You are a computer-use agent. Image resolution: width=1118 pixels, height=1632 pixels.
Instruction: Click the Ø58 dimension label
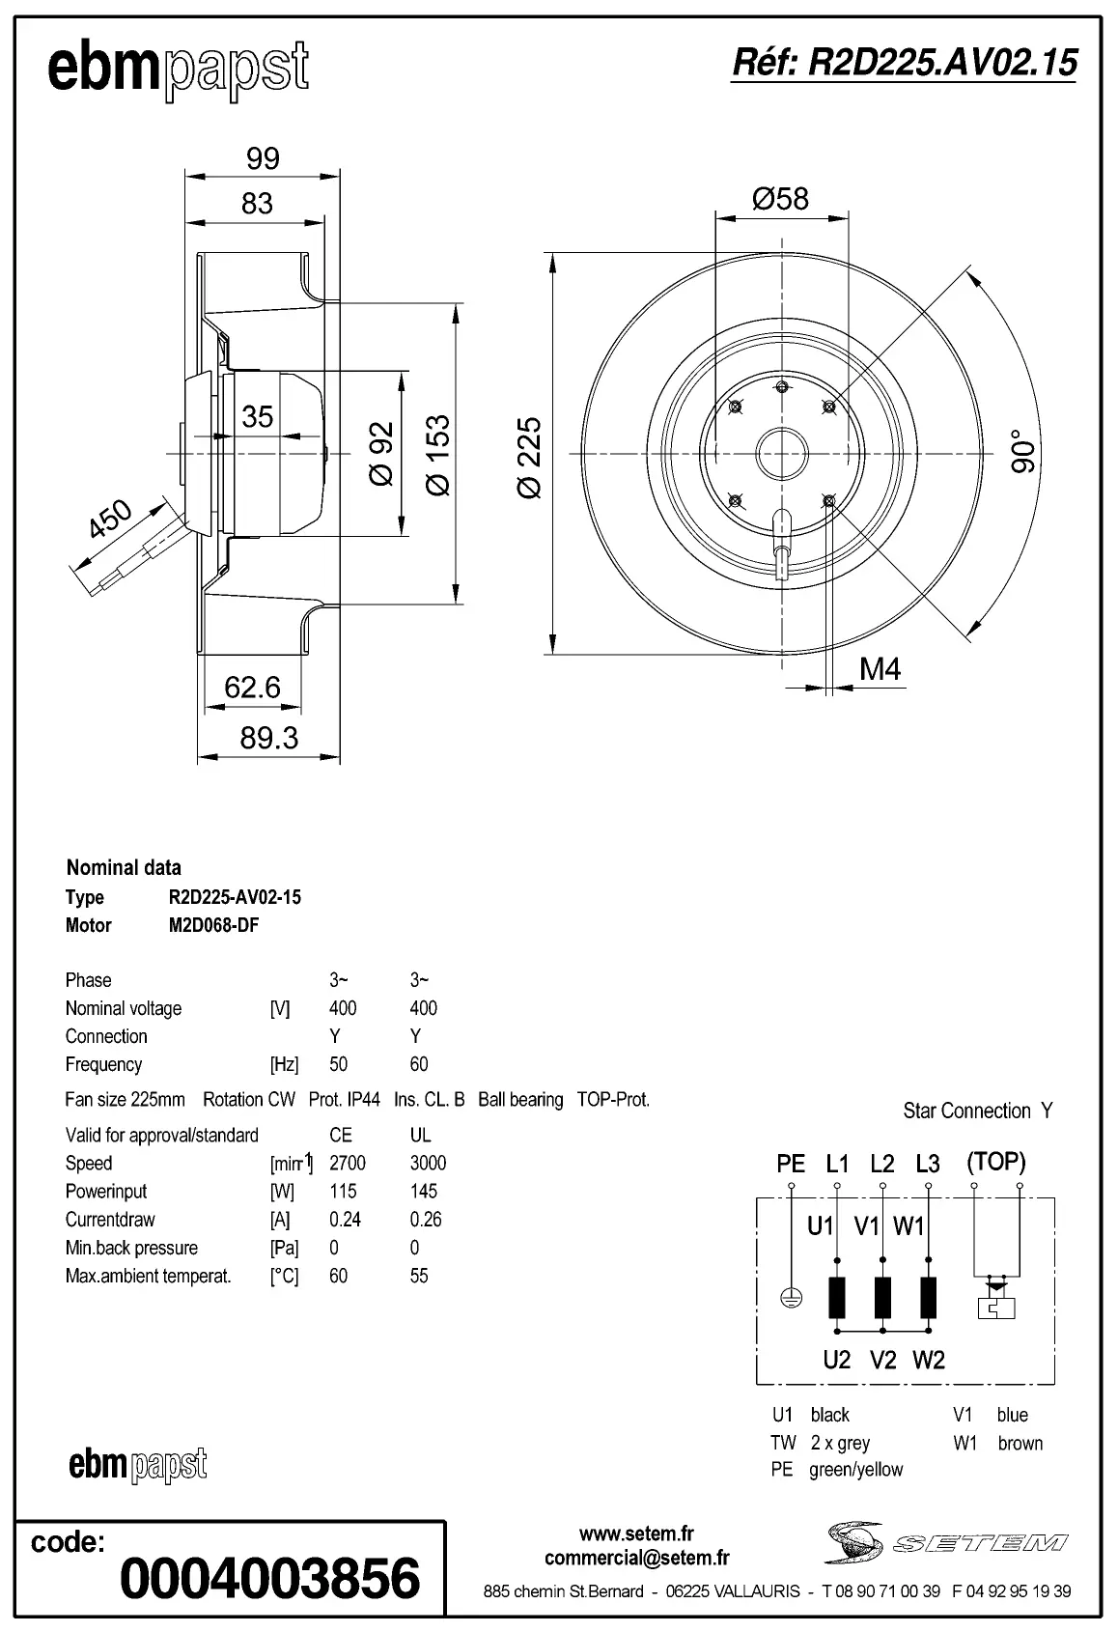point(780,199)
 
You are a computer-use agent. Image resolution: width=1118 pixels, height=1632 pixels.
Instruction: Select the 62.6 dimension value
point(252,688)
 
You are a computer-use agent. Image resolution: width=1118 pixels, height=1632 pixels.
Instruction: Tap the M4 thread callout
point(880,668)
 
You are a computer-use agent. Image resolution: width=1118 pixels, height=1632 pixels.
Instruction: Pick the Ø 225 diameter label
point(530,457)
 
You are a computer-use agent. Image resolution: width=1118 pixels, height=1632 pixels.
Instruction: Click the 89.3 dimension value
point(268,738)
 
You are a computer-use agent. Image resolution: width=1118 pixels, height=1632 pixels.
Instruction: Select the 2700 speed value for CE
point(348,1163)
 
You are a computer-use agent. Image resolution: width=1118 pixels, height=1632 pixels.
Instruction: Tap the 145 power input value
point(423,1191)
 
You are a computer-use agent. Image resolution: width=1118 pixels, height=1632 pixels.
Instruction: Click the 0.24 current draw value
point(345,1219)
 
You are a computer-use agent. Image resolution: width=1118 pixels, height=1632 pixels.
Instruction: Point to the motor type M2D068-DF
point(213,925)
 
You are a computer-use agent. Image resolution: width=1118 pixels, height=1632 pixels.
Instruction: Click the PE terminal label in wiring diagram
point(791,1164)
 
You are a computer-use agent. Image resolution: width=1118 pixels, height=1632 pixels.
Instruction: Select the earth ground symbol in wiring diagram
point(791,1299)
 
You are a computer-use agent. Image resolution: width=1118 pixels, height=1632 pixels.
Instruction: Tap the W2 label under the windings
point(928,1360)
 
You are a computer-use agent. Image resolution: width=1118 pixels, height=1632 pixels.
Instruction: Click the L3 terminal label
point(927,1164)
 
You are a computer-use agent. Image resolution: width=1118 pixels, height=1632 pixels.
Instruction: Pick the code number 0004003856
point(270,1579)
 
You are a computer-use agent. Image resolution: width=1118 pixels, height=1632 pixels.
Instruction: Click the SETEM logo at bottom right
point(946,1542)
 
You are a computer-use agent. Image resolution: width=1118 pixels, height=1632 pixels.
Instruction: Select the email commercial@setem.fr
point(636,1558)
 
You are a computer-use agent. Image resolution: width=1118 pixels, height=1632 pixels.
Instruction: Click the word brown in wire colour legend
point(1020,1443)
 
